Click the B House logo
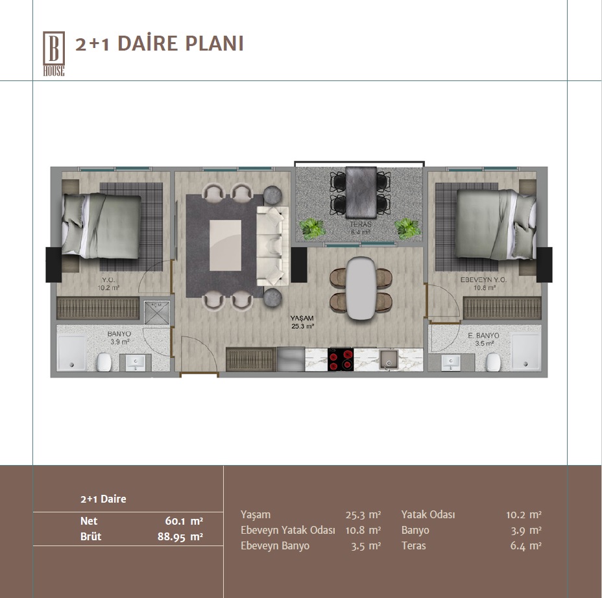(54, 54)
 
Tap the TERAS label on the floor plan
(361, 224)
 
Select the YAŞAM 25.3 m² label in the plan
(302, 322)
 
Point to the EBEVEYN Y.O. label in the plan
(483, 280)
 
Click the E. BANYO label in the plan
(483, 336)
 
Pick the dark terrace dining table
(361, 192)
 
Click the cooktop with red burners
(341, 360)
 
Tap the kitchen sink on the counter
(389, 360)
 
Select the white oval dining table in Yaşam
(361, 288)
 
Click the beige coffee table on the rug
(225, 245)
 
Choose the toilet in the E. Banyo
(493, 363)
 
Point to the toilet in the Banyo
(104, 363)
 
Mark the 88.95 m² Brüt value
(180, 536)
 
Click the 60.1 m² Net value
(184, 521)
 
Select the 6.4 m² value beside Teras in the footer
(525, 546)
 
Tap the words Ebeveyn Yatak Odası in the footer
(288, 530)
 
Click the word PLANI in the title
(214, 43)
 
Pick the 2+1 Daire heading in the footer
(103, 499)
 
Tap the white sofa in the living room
(273, 246)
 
